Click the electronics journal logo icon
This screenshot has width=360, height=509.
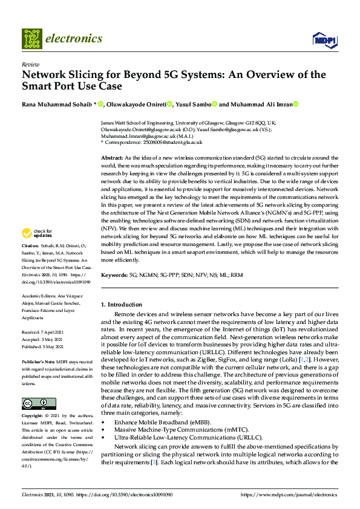click(x=32, y=38)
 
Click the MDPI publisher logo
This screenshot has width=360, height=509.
click(x=324, y=40)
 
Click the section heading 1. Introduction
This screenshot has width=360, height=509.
click(x=122, y=305)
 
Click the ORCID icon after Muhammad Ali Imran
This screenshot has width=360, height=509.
click(x=296, y=104)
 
